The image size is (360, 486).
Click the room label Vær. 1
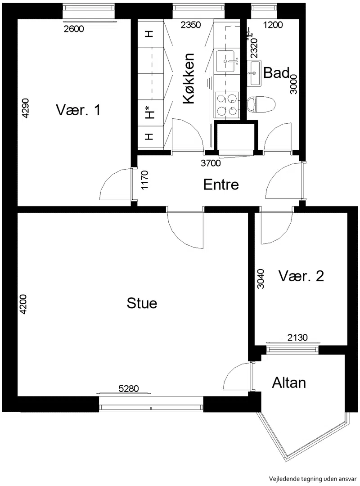click(78, 110)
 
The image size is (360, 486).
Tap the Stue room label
click(142, 303)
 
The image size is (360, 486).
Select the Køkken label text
click(189, 78)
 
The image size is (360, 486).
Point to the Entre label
click(221, 185)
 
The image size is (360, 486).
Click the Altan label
click(289, 383)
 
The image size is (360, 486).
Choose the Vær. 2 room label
click(301, 276)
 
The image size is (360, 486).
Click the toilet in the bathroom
click(261, 104)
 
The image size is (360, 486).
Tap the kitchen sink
click(227, 61)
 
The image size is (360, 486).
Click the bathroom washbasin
click(254, 73)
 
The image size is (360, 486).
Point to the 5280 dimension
click(129, 388)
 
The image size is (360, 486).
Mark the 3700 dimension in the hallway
click(211, 163)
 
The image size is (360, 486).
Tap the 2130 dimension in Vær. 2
click(297, 337)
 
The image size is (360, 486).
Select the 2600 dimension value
click(74, 29)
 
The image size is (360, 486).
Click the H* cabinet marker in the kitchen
click(150, 112)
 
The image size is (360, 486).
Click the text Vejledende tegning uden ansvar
click(313, 478)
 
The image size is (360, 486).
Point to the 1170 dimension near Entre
click(145, 180)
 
